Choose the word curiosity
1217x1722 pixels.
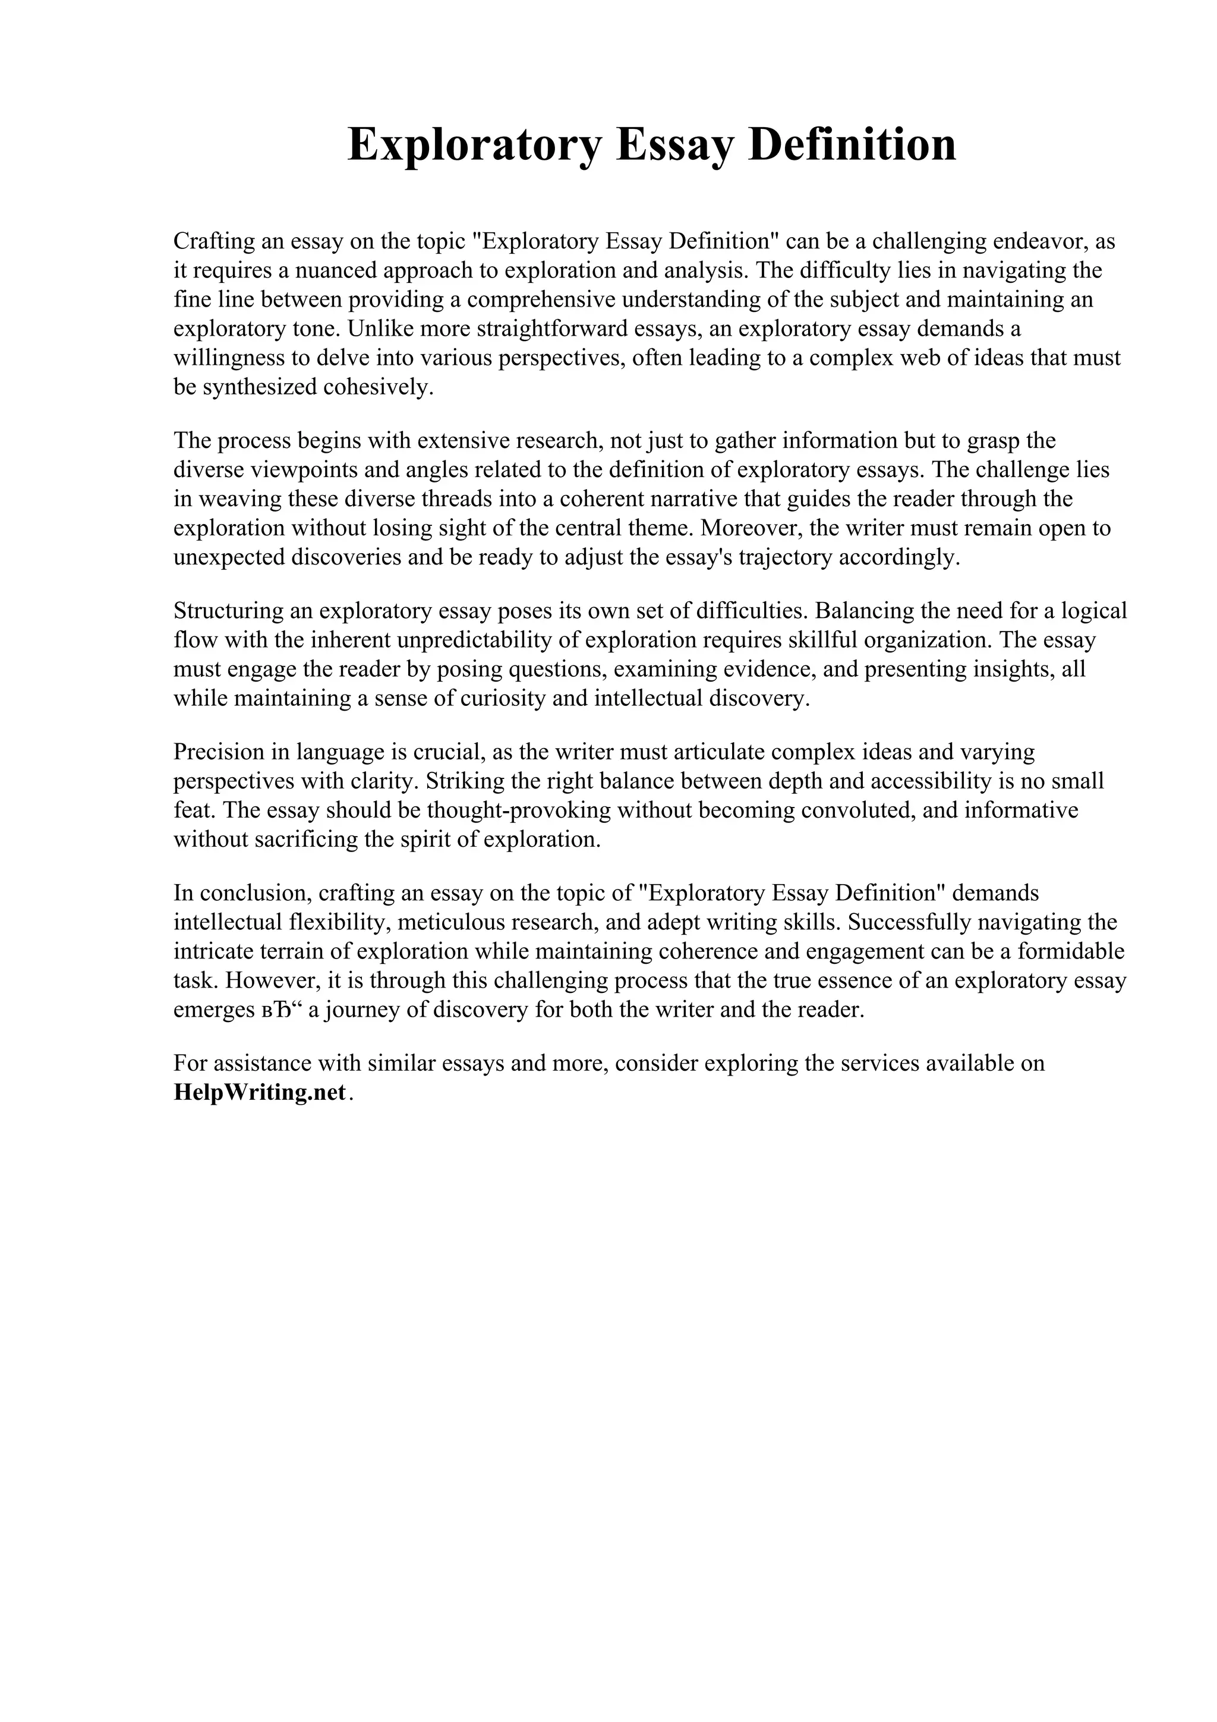click(501, 698)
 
